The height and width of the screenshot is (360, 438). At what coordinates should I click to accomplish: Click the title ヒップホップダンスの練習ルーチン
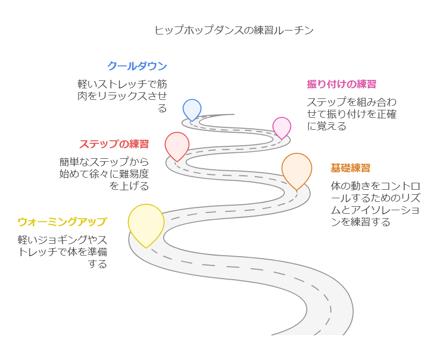[234, 30]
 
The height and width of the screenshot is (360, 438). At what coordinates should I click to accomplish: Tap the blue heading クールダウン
[137, 66]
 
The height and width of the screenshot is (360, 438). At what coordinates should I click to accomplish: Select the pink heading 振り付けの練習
[341, 84]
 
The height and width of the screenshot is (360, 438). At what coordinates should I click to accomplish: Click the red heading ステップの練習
[114, 144]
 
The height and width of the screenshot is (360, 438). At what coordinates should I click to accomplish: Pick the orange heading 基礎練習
[350, 168]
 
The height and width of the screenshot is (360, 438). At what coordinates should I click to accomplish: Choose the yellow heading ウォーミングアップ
[62, 221]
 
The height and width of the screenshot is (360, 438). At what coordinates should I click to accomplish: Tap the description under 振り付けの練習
[351, 114]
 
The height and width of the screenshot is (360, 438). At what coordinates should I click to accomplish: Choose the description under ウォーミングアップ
[62, 251]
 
